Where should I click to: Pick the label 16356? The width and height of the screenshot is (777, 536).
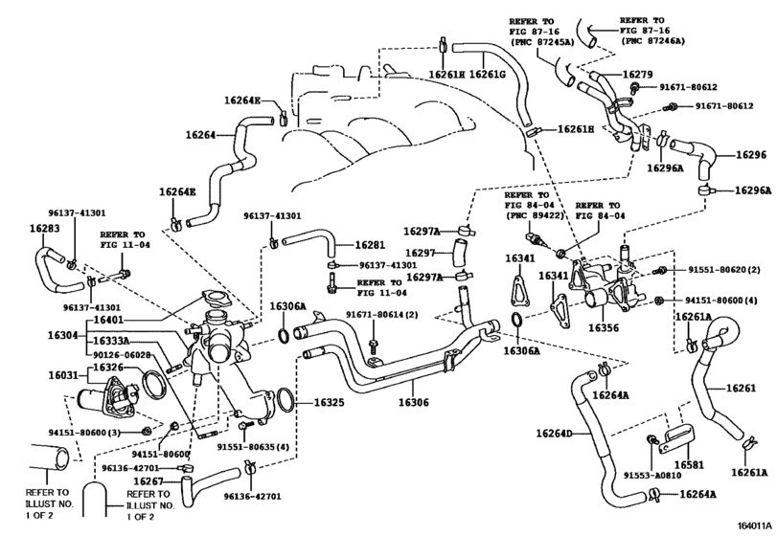(606, 327)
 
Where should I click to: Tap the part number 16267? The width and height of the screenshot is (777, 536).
(149, 481)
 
